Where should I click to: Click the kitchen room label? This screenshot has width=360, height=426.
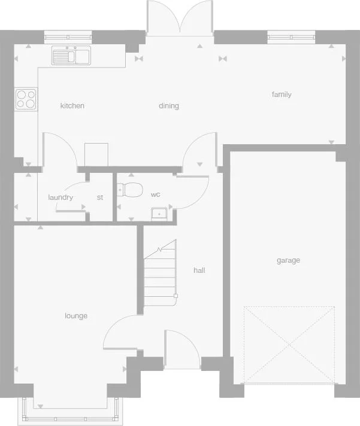tap(72, 106)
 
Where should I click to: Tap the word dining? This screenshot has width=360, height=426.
tap(169, 106)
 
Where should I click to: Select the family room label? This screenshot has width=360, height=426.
tap(282, 95)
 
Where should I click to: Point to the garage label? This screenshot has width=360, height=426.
tap(288, 260)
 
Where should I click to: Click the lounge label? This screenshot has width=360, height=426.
tap(76, 315)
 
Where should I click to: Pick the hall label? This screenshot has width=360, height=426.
tap(199, 270)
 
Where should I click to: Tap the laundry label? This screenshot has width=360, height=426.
tap(60, 197)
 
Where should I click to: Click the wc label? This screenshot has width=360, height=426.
tap(156, 194)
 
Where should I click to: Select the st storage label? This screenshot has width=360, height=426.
tap(100, 197)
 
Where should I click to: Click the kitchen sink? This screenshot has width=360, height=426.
tap(71, 56)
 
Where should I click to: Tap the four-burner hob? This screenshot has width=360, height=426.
tap(26, 99)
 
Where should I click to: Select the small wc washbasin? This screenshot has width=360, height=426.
tap(160, 212)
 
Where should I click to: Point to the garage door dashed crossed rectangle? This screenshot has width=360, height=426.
tap(289, 345)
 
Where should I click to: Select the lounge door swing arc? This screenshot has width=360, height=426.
tap(120, 332)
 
